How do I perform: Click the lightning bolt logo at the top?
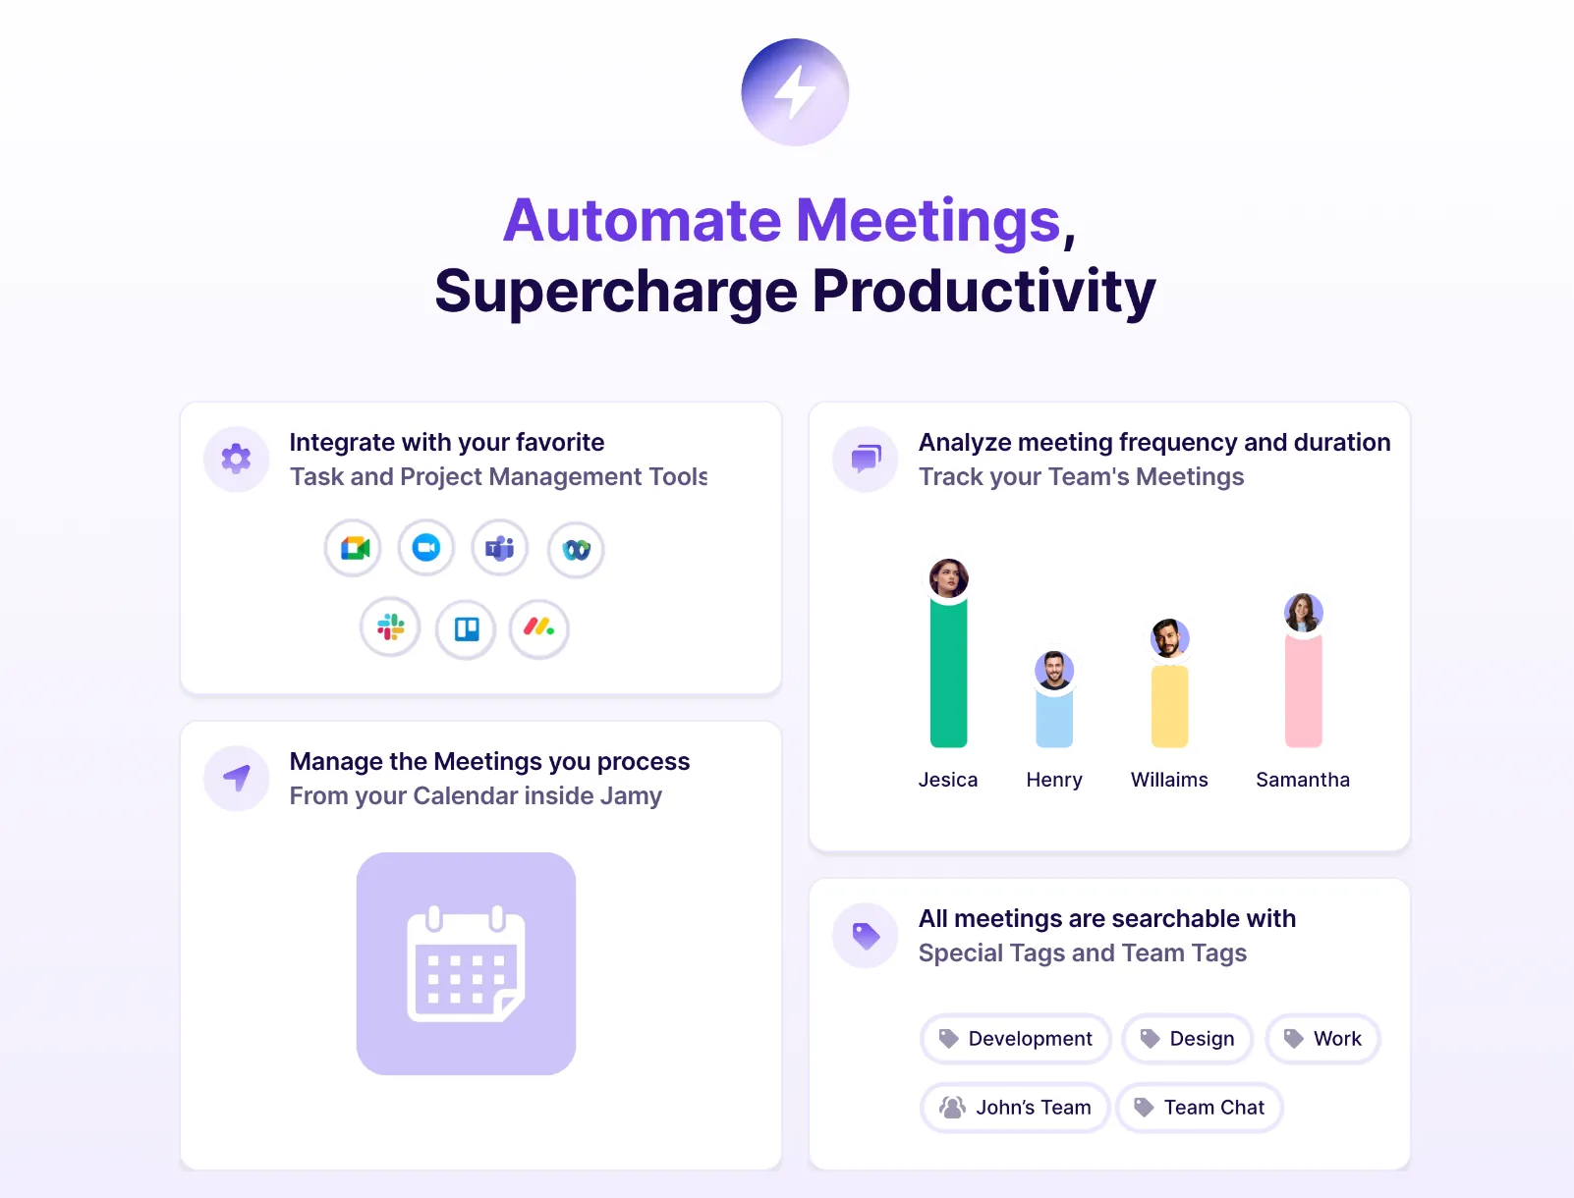(795, 92)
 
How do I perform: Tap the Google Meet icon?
(354, 548)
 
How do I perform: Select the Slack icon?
(390, 627)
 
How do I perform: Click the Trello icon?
(466, 628)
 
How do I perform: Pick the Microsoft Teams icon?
(500, 548)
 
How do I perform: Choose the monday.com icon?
(538, 627)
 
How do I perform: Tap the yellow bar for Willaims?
(1169, 706)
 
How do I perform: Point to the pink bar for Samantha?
(1303, 691)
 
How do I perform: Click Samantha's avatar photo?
(1303, 613)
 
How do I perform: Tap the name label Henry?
(1054, 780)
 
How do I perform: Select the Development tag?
(1016, 1039)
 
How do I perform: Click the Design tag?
(1187, 1039)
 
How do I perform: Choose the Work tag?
(1322, 1039)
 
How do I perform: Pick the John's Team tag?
(1015, 1108)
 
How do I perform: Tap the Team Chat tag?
(1200, 1108)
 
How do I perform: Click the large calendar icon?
(466, 963)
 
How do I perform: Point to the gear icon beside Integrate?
(236, 459)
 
